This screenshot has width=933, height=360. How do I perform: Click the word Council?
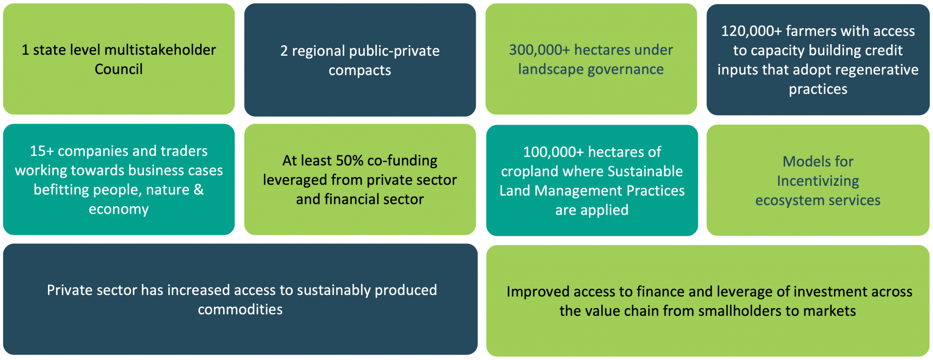pos(118,69)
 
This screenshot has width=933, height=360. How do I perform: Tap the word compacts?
pos(360,71)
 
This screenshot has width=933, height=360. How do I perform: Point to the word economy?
pos(118,210)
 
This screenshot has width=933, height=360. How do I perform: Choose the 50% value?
pos(349,160)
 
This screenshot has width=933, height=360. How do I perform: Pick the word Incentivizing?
pos(818,181)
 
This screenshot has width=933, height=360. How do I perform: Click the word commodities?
pos(240,309)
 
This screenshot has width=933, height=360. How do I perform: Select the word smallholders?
pos(742,311)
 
